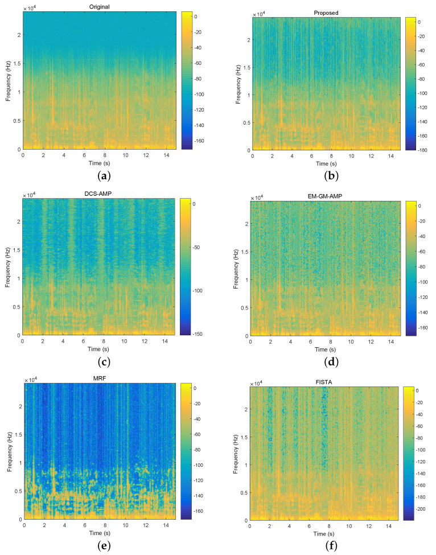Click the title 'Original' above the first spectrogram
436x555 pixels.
pyautogui.click(x=99, y=7)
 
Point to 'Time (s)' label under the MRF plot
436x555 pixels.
pyautogui.click(x=100, y=534)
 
